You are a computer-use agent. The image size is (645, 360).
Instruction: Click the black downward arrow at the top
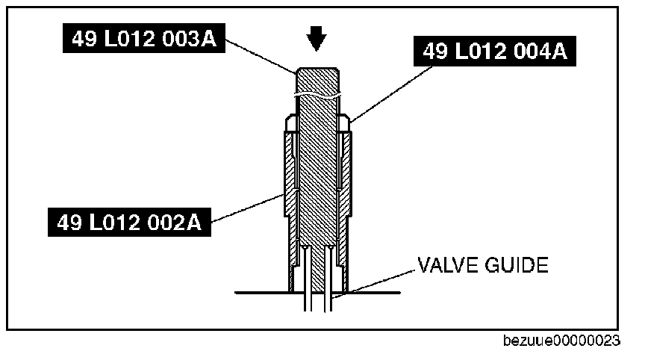(317, 38)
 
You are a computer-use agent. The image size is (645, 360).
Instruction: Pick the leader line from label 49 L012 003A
(261, 55)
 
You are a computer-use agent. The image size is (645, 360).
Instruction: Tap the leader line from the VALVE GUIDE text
(381, 282)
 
